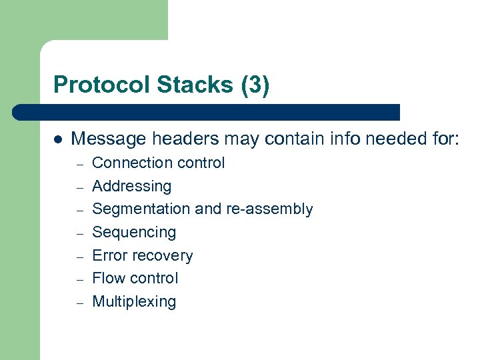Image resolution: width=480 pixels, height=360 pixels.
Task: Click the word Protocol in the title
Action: coord(102,85)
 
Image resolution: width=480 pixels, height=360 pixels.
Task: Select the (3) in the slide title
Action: coord(255,85)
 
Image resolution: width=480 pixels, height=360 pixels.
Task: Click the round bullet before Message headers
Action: coord(58,140)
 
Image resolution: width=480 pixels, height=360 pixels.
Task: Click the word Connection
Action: coord(129,163)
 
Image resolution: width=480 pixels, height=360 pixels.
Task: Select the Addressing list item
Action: coord(131,187)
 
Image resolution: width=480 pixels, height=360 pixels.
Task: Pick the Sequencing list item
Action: coord(134,233)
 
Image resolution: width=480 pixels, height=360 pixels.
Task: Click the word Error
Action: coord(107,255)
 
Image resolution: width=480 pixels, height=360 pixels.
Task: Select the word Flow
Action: coord(107,278)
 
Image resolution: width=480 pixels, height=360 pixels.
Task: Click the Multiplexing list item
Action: coord(134,302)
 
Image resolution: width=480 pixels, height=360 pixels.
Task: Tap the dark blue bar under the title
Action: coord(207,112)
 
